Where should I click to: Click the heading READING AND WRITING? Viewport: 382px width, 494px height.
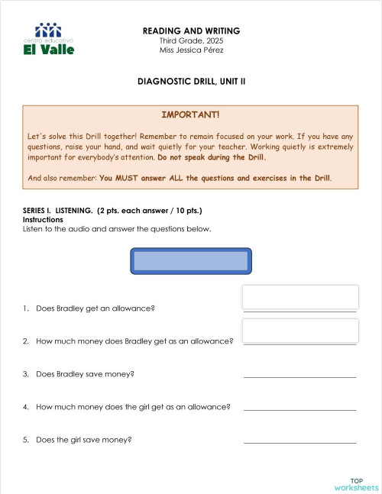point(191,31)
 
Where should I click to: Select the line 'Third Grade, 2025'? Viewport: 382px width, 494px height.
point(191,40)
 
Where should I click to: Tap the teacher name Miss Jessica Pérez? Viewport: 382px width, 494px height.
point(191,50)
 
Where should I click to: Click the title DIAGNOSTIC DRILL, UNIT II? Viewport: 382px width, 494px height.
point(191,80)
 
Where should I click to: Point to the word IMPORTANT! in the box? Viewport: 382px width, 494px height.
point(190,115)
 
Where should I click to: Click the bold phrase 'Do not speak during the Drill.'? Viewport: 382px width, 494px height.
point(212,157)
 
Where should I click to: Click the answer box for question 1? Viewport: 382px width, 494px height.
point(300,297)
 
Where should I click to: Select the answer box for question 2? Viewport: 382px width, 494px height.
point(300,331)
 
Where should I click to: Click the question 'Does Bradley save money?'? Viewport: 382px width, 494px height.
point(85,374)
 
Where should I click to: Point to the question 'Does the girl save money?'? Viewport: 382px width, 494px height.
point(83,440)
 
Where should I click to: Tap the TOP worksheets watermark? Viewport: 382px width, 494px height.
point(356,484)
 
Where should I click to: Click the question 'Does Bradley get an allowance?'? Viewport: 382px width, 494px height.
point(95,308)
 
